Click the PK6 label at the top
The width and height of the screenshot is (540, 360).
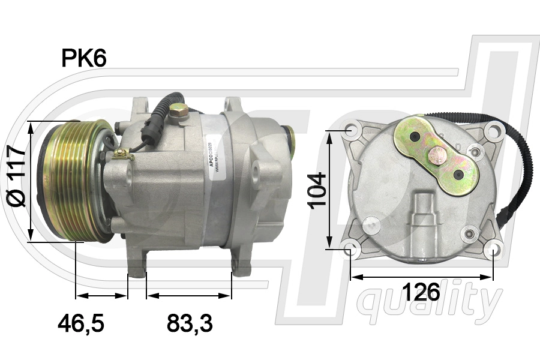[83, 58]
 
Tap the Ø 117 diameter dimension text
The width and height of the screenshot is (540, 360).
[17, 176]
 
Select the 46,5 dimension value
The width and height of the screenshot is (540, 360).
[81, 324]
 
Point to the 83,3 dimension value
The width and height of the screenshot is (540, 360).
[190, 324]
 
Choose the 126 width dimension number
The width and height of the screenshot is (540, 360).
[421, 293]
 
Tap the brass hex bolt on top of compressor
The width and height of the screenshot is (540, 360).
[178, 110]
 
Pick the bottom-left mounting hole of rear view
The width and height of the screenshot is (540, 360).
[350, 248]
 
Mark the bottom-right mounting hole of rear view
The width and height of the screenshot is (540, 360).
[493, 248]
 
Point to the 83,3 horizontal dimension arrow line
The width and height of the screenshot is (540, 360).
[189, 296]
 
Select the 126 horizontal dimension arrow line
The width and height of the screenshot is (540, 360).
[421, 277]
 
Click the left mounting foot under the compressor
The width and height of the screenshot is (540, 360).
[137, 265]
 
